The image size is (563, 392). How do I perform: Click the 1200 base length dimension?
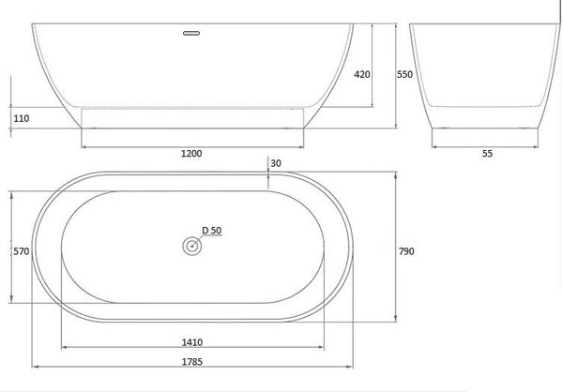pyautogui.click(x=191, y=154)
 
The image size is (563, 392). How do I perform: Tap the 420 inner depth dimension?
pyautogui.click(x=362, y=74)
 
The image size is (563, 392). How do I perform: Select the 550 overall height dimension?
pyautogui.click(x=404, y=74)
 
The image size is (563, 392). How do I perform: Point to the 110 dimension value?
pyautogui.click(x=22, y=118)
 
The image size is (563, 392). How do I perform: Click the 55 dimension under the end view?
pyautogui.click(x=487, y=154)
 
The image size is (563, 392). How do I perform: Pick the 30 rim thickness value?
pyautogui.click(x=276, y=163)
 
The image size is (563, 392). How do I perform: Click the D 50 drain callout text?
pyautogui.click(x=212, y=231)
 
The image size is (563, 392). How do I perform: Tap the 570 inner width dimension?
pyautogui.click(x=22, y=251)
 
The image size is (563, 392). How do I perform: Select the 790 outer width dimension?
pyautogui.click(x=406, y=251)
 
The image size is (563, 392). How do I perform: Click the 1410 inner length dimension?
pyautogui.click(x=192, y=342)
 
